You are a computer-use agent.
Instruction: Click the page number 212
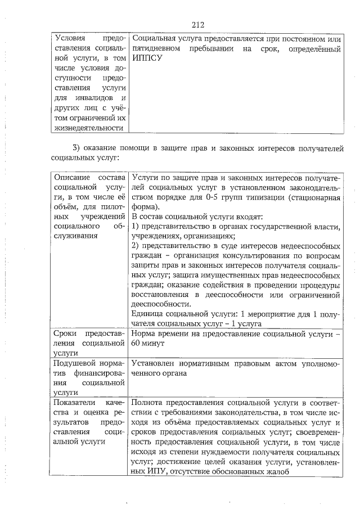197,25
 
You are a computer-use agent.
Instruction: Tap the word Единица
146,314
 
